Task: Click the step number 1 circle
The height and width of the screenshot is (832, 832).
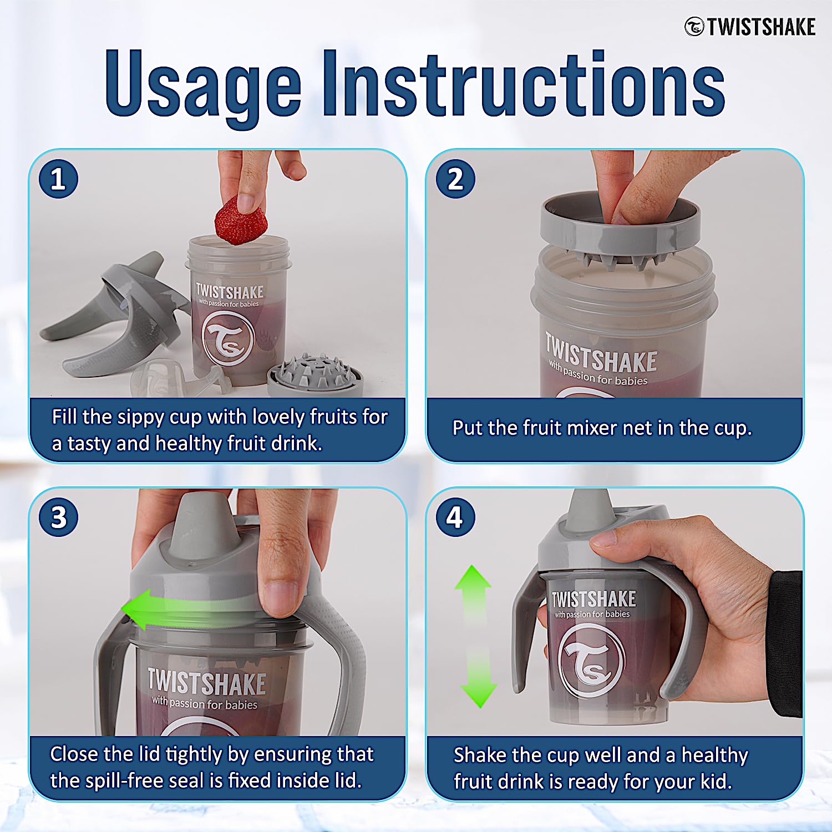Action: point(58,179)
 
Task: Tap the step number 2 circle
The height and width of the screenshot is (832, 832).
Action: point(455,179)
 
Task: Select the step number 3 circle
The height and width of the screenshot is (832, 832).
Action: point(58,517)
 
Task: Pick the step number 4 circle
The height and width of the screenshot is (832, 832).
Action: point(455,517)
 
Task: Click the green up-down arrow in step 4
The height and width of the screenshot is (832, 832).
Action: point(475,636)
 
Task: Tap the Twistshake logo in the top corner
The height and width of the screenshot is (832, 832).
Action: point(750,27)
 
